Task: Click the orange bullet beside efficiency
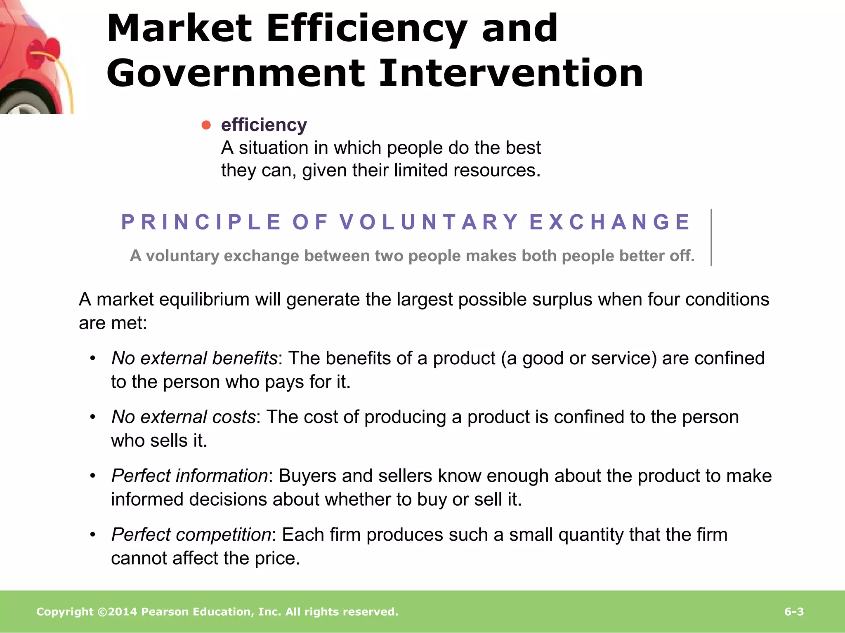coord(206,125)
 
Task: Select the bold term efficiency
coord(264,125)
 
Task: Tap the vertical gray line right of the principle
coord(711,237)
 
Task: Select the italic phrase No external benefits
coord(194,358)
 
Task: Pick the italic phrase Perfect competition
coord(191,535)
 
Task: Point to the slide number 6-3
coord(794,612)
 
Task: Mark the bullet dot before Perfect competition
coord(93,535)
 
